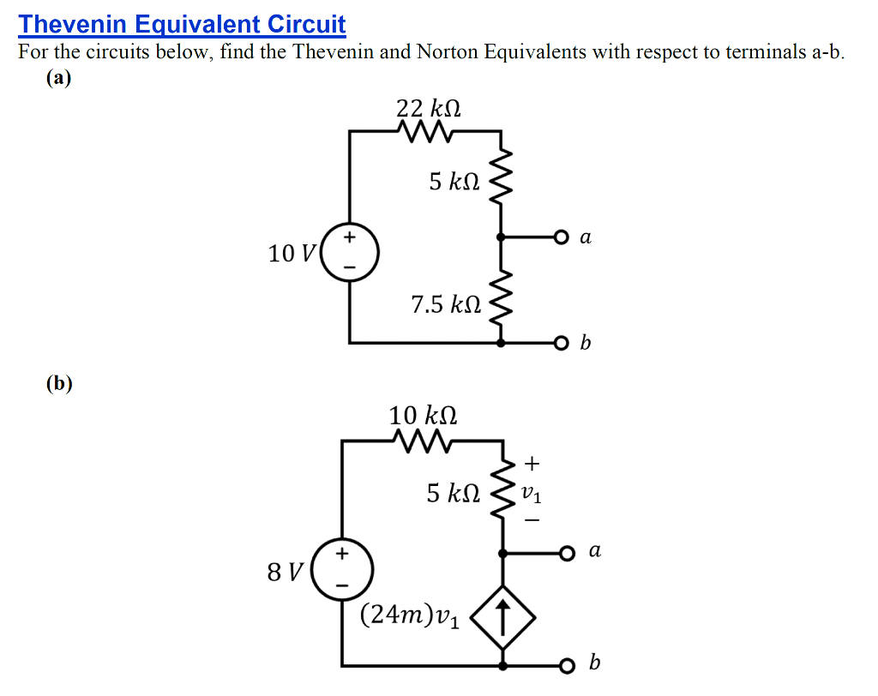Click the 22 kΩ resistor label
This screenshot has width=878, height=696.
click(429, 109)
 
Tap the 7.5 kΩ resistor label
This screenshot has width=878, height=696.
click(445, 304)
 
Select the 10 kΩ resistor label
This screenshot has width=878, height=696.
click(423, 416)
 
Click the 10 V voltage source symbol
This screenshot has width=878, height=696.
click(349, 253)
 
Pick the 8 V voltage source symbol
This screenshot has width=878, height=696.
click(342, 569)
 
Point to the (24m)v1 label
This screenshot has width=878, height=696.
click(410, 615)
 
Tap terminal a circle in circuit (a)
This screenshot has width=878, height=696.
click(561, 237)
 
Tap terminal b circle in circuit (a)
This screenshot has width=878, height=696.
click(561, 344)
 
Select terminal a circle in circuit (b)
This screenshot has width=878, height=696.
click(566, 553)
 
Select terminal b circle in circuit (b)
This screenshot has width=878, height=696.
click(566, 665)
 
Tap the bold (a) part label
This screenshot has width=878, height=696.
click(59, 78)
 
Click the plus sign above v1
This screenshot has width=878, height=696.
click(532, 465)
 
